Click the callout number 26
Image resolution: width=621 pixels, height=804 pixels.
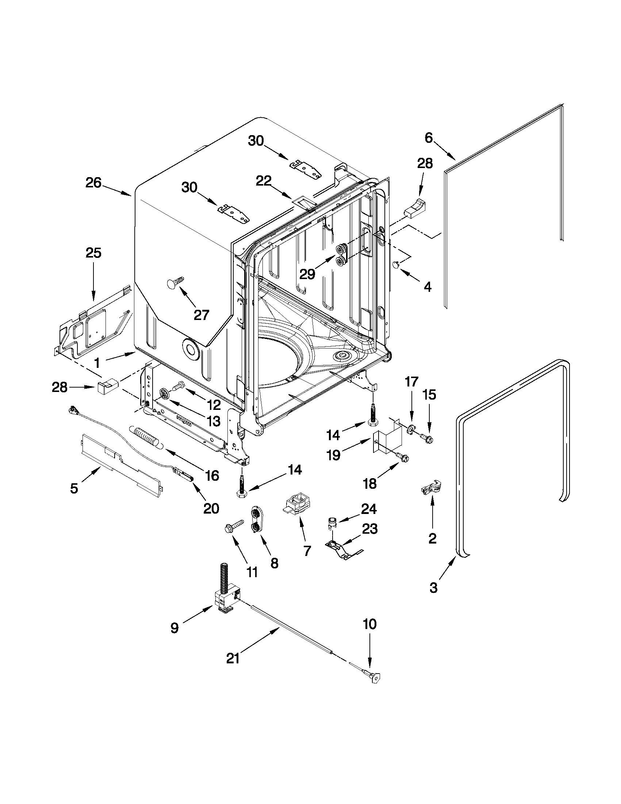coord(93,183)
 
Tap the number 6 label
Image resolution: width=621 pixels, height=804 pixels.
coord(429,138)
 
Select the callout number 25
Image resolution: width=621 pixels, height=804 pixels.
coord(93,253)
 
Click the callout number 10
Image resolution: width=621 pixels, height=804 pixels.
coord(370,624)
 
